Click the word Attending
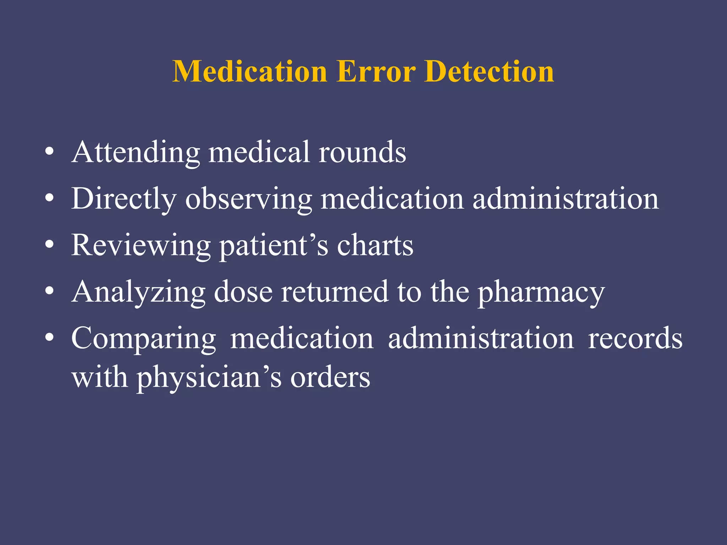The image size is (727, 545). (136, 153)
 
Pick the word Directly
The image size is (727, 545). (124, 199)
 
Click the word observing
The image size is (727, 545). (248, 199)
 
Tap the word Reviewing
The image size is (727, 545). (141, 246)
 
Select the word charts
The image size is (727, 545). (375, 246)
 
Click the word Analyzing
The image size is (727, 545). (138, 292)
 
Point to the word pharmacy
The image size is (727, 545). (541, 292)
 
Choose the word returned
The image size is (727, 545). (335, 292)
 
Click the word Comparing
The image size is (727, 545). (143, 339)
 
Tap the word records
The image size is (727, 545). (635, 339)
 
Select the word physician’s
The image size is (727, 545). (209, 378)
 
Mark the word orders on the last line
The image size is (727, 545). (330, 378)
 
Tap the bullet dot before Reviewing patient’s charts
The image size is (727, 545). (50, 245)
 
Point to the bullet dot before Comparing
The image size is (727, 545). (50, 338)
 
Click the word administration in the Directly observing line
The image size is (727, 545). (565, 199)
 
